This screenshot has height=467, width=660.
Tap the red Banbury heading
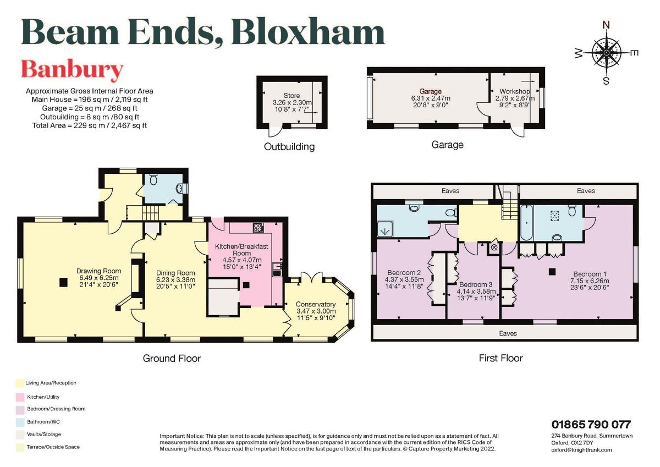coord(71,70)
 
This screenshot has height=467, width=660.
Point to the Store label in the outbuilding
coord(291,96)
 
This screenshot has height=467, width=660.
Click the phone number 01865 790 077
coord(591,424)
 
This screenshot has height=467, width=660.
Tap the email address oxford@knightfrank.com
coord(581,449)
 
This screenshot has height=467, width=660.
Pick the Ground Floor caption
coord(172,358)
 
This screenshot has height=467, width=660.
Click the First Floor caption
coord(500,358)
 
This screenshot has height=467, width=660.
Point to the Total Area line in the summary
coord(90,125)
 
